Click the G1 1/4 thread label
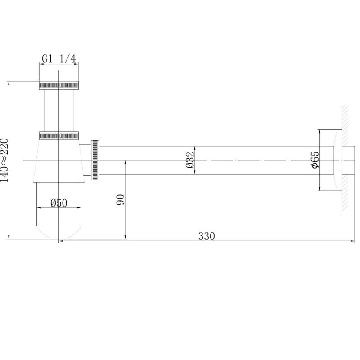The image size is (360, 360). pyautogui.click(x=58, y=59)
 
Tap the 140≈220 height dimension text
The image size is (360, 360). pyautogui.click(x=4, y=160)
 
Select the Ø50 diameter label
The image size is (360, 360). pyautogui.click(x=59, y=203)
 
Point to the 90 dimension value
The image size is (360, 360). pyautogui.click(x=121, y=199)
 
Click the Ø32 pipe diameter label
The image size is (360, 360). pyautogui.click(x=190, y=160)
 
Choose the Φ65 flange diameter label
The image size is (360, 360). pyautogui.click(x=315, y=160)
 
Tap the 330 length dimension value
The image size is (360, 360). pyautogui.click(x=207, y=236)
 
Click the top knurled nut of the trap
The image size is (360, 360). pyautogui.click(x=59, y=85)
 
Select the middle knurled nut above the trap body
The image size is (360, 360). pyautogui.click(x=59, y=136)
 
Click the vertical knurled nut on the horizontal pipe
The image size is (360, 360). pyautogui.click(x=95, y=160)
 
